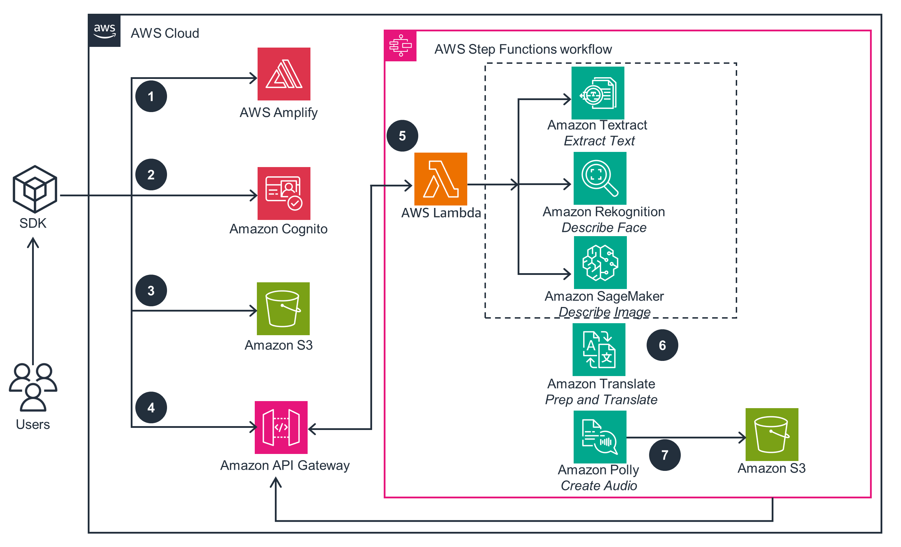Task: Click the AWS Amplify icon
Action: pos(284,74)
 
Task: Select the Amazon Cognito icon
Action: pos(284,193)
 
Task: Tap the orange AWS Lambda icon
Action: pos(440,179)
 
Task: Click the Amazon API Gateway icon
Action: pos(281,428)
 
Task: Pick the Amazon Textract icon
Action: pos(598,93)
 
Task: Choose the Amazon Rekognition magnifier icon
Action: pos(600,178)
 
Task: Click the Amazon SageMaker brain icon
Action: pos(600,263)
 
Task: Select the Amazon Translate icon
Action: pos(599,350)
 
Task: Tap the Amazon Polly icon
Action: pos(600,437)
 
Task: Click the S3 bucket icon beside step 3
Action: pos(283,309)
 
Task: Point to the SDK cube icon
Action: pos(35,189)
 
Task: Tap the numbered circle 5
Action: pos(402,136)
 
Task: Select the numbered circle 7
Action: pos(665,455)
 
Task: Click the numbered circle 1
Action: pos(151,96)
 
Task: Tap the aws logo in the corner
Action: pos(105,31)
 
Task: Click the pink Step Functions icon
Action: pos(400,46)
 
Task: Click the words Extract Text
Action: pos(599,141)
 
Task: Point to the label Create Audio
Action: pos(599,486)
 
